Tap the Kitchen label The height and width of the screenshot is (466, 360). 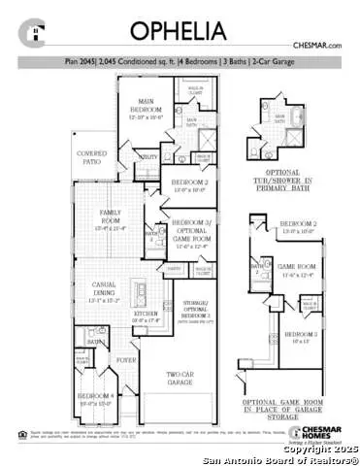(x=146, y=316)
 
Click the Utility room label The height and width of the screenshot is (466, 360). (x=149, y=156)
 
